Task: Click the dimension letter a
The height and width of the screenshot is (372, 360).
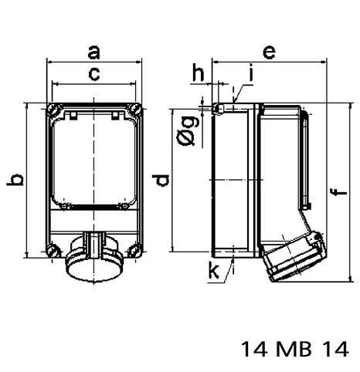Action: [93, 52]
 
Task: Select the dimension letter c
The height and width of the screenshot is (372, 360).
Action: [93, 75]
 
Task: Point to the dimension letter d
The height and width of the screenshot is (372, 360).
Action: [160, 181]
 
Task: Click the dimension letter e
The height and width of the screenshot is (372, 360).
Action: [270, 52]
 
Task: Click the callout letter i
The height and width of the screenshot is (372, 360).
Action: [250, 75]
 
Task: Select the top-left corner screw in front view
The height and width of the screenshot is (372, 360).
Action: [53, 109]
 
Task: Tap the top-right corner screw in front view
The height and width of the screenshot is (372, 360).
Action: [134, 109]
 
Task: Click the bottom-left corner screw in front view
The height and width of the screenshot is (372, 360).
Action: [53, 249]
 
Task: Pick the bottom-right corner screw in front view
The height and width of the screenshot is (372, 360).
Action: [134, 249]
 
